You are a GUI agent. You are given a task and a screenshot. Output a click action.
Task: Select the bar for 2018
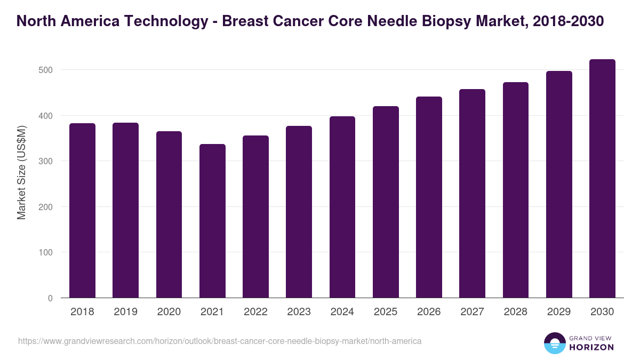click(82, 211)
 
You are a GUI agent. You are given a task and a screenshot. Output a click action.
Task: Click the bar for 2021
click(212, 221)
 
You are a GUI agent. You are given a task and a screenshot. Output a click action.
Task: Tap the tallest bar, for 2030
click(602, 179)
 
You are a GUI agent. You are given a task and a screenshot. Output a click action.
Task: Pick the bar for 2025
click(386, 202)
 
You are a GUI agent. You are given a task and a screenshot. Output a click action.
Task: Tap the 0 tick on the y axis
click(50, 298)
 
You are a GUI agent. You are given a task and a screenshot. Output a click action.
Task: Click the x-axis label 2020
click(169, 312)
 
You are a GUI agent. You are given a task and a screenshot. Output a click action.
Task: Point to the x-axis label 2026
click(429, 312)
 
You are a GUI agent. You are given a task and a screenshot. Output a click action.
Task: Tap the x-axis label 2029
click(559, 312)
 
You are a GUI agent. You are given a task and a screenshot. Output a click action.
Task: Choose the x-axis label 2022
click(255, 312)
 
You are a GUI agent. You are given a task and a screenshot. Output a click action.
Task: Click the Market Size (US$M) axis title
click(21, 172)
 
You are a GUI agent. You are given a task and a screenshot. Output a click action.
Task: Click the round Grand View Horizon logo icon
click(555, 343)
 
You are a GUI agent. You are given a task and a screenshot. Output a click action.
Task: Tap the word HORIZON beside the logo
click(591, 347)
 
